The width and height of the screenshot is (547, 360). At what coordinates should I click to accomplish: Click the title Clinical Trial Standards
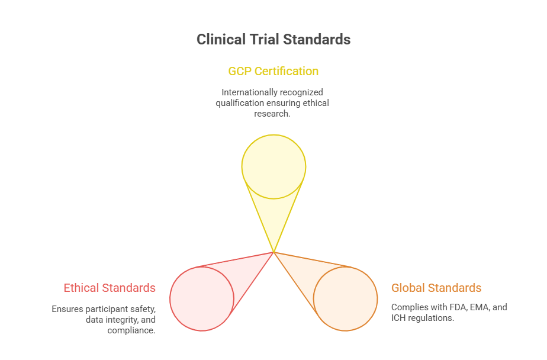(273, 40)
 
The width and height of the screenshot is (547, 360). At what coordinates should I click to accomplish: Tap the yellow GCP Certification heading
(273, 71)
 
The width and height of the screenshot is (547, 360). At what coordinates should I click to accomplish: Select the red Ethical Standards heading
(110, 288)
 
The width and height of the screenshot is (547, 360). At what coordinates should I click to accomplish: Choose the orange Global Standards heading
(436, 288)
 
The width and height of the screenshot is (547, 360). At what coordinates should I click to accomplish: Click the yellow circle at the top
(273, 166)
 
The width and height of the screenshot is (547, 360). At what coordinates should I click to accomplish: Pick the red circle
(202, 298)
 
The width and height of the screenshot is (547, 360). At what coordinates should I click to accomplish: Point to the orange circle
(345, 298)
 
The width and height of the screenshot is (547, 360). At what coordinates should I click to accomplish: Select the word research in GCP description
(273, 114)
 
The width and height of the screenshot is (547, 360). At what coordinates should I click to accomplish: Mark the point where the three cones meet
(273, 252)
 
